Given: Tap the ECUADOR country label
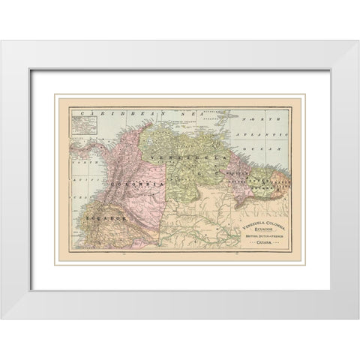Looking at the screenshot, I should pos(102,216).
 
